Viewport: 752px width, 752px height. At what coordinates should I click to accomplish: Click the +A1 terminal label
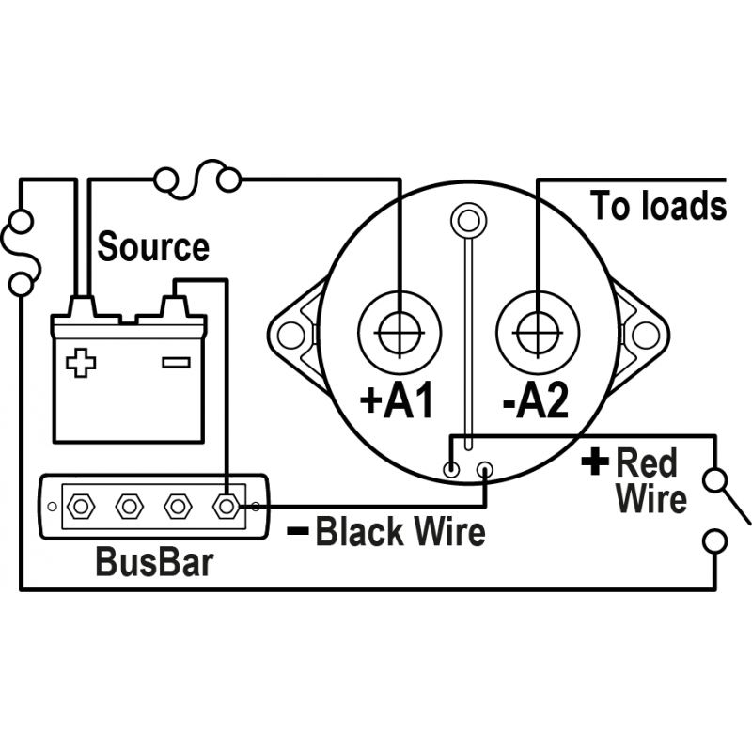point(398,401)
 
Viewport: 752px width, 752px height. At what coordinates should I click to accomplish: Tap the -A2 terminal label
point(535,401)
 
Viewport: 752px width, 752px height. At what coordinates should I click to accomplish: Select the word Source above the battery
point(153,247)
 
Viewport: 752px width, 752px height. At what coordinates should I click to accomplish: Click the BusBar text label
point(154,563)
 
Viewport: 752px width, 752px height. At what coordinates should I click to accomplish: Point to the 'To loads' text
point(658,206)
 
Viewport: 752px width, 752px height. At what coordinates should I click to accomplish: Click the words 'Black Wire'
point(400,532)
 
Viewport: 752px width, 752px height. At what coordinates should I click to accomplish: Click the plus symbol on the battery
point(82,362)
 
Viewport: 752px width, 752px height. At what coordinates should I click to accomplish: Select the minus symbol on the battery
point(176,362)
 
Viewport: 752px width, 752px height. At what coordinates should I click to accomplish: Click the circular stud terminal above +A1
point(399,333)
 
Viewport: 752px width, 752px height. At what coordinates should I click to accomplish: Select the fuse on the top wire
point(197,177)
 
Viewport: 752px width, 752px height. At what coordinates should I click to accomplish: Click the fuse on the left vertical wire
point(21,252)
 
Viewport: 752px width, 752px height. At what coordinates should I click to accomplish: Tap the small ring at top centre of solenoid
point(466,220)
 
